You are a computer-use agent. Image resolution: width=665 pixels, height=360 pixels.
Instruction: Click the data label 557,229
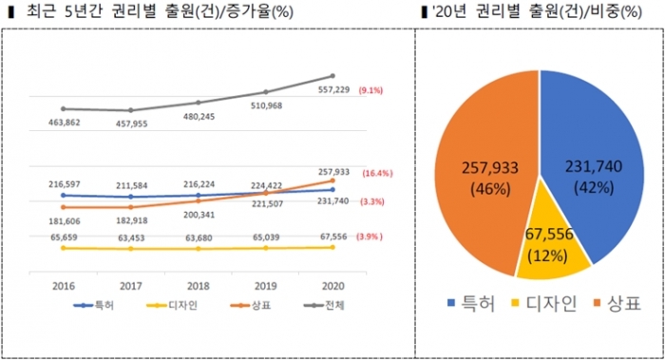(322, 90)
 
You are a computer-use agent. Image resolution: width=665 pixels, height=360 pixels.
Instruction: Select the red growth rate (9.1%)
(370, 90)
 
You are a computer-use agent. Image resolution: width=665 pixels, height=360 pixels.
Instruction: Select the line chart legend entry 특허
(96, 305)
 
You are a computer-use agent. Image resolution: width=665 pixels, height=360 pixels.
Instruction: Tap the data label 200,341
(199, 215)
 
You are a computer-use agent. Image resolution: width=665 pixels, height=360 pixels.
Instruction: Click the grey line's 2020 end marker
(332, 76)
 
